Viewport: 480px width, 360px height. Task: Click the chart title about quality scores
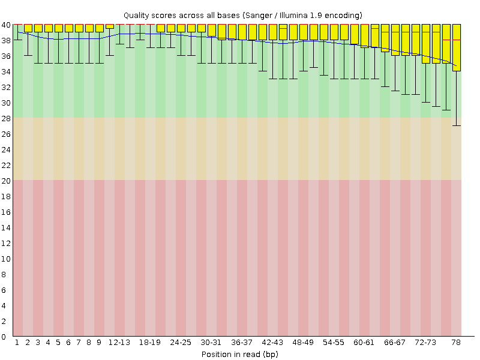(242, 14)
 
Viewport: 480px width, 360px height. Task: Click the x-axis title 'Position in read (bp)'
(239, 354)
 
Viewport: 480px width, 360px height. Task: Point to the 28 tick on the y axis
(7, 118)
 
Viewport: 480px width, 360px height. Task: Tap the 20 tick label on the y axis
(7, 181)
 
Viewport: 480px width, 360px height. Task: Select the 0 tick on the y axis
(7, 337)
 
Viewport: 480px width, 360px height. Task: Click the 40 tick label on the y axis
(7, 25)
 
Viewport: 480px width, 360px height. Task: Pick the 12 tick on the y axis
(7, 243)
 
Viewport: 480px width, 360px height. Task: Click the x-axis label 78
(457, 343)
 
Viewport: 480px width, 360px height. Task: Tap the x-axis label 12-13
(120, 343)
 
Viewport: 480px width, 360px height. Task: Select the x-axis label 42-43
(273, 343)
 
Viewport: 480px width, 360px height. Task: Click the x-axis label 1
(17, 343)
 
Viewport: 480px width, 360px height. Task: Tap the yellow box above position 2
(28, 28)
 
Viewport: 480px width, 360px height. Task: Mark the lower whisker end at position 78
(457, 125)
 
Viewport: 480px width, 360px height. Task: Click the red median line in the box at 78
(457, 40)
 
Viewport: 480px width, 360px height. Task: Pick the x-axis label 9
(99, 343)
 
